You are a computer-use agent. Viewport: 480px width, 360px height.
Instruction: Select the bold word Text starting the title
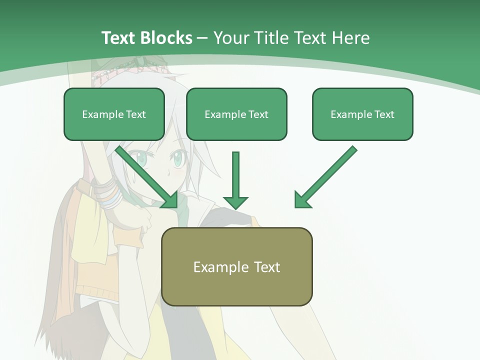click(118, 38)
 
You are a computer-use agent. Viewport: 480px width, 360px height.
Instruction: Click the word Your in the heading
click(231, 38)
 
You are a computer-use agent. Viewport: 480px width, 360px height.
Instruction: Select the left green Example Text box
click(114, 114)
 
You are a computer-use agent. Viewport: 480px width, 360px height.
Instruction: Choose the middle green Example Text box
click(236, 114)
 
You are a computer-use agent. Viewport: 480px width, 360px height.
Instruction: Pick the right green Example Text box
click(362, 114)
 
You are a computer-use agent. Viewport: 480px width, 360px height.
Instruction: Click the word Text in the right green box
click(384, 114)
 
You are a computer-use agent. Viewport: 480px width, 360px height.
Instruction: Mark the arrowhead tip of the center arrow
click(235, 208)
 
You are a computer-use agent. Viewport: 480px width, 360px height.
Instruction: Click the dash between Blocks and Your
click(203, 38)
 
